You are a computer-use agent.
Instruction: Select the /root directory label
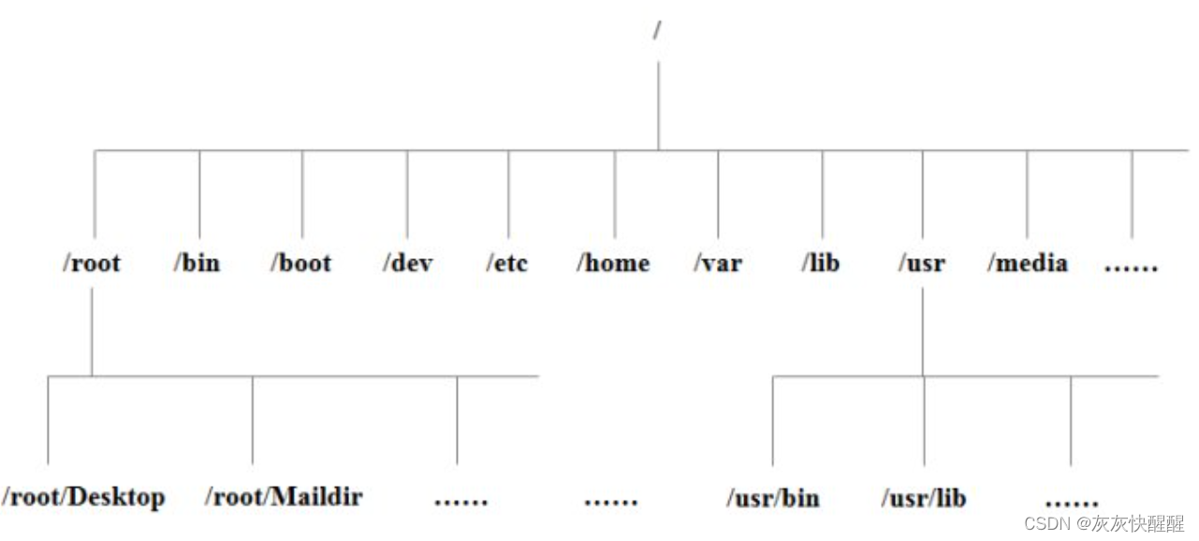tap(92, 263)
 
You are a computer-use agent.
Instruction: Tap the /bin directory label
tap(197, 263)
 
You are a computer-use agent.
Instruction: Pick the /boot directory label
tap(301, 263)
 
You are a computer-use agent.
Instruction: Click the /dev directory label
tap(407, 263)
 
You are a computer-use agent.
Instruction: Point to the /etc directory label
tap(508, 263)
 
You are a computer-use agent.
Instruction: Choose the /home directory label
tap(613, 263)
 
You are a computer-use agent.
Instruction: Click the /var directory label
tap(718, 263)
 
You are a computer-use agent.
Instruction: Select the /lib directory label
tap(821, 263)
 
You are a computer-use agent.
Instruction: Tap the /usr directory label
tap(922, 263)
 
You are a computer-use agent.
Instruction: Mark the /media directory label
tap(1027, 263)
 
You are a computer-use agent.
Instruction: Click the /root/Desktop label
tap(84, 496)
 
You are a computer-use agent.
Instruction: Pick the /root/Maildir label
tap(284, 496)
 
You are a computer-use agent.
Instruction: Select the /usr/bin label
tap(773, 498)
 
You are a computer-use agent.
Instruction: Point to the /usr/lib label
tap(923, 498)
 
